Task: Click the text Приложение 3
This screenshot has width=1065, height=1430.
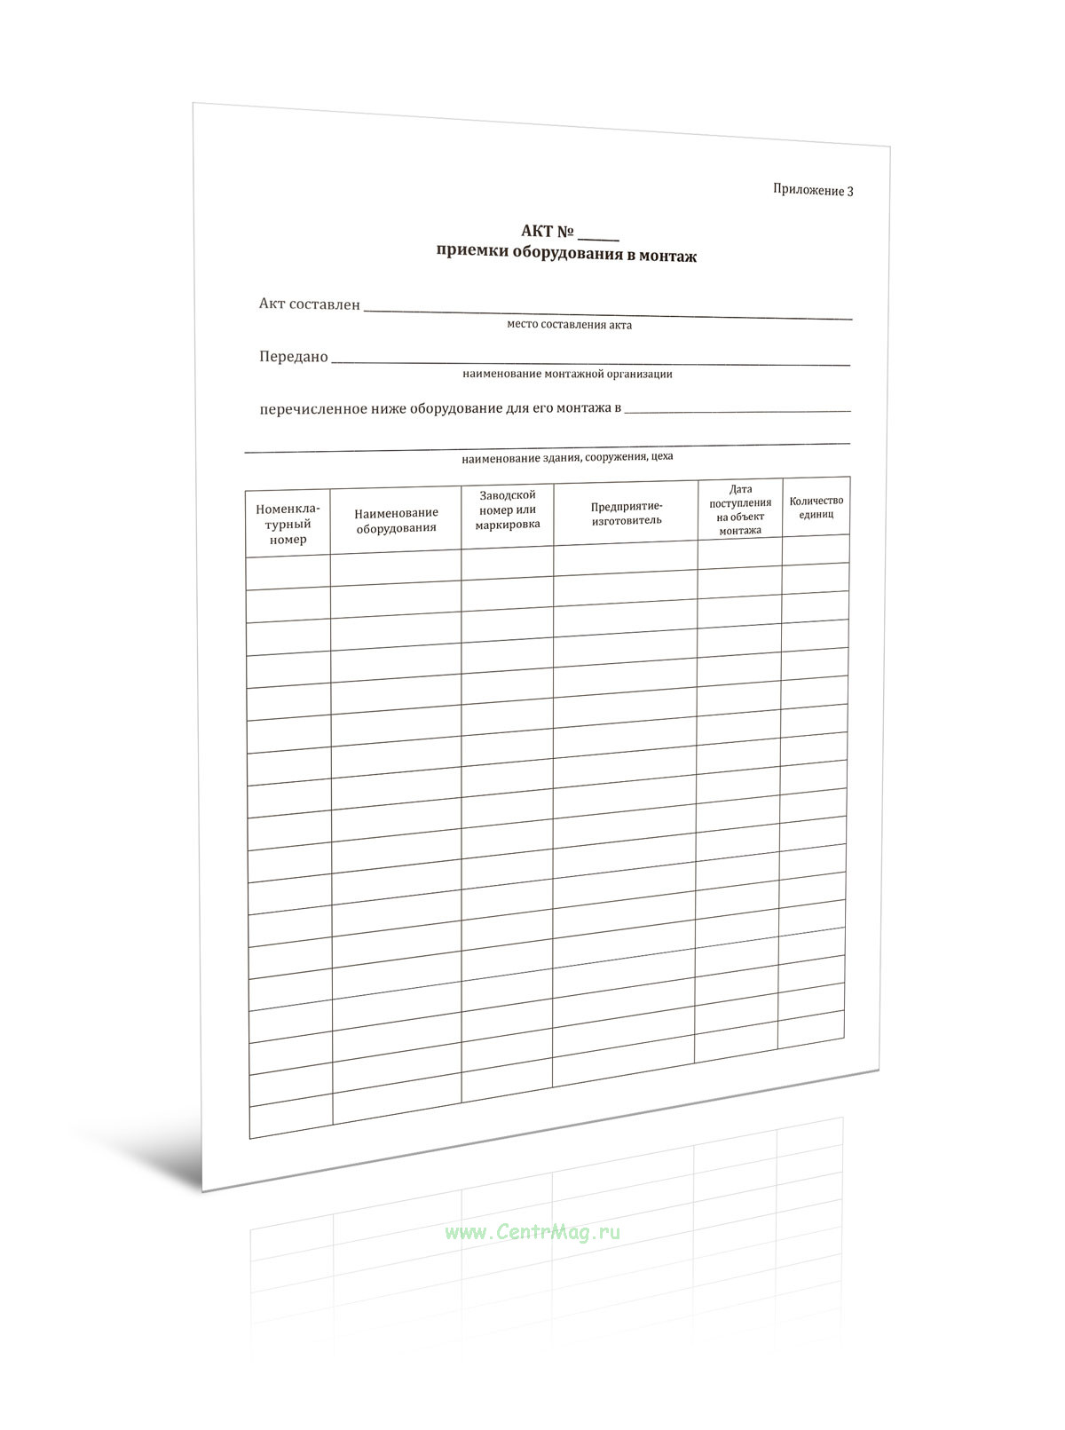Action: [812, 190]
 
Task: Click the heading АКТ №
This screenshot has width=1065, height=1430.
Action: [548, 232]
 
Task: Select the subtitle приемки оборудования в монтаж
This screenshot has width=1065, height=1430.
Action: [566, 254]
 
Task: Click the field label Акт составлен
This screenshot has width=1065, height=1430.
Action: [309, 304]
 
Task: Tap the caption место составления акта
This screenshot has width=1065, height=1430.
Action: [569, 325]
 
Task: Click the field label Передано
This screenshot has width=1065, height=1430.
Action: [293, 357]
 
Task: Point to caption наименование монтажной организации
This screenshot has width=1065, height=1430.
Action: [567, 374]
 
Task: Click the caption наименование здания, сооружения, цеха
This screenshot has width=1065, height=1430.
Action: [567, 458]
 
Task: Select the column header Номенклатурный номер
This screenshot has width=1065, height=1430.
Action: [288, 524]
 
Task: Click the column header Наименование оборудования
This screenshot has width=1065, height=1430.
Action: [396, 520]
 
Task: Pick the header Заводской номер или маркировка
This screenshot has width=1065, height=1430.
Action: [507, 510]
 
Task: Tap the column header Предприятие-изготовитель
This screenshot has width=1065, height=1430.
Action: [627, 513]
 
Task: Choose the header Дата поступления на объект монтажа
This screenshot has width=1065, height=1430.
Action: [740, 510]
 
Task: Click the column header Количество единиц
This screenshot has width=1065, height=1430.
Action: [816, 507]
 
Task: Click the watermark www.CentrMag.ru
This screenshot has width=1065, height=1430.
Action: [532, 1232]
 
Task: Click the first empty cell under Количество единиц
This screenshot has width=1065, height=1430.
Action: [815, 549]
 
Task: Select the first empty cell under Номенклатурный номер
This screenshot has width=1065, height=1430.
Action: [288, 573]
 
